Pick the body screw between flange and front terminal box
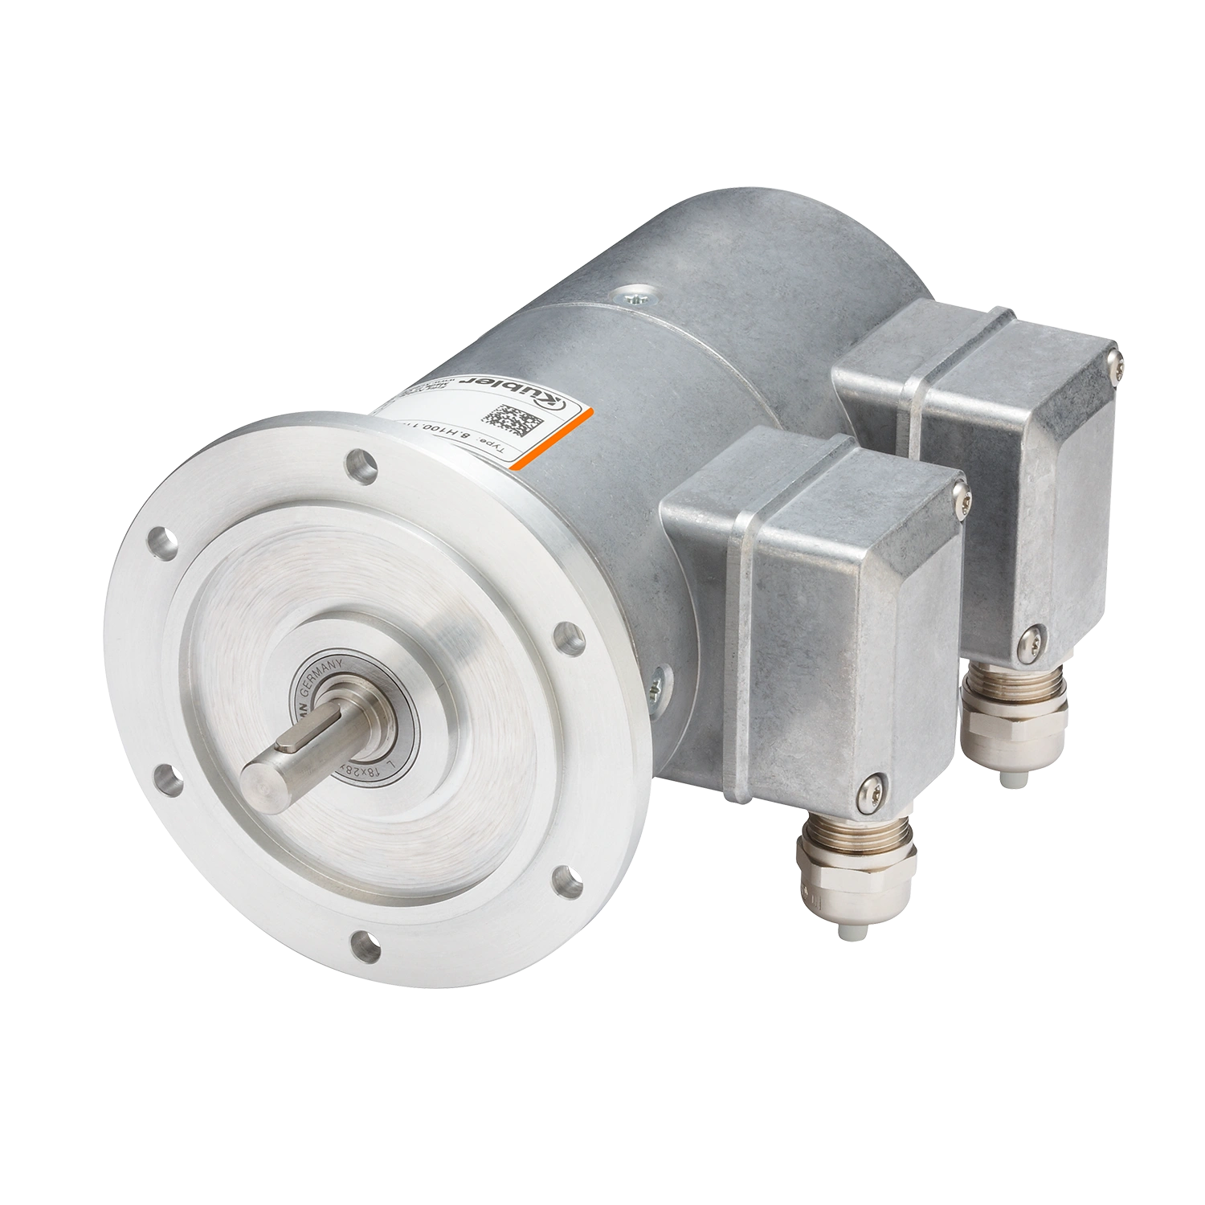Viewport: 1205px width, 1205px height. coord(658,684)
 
